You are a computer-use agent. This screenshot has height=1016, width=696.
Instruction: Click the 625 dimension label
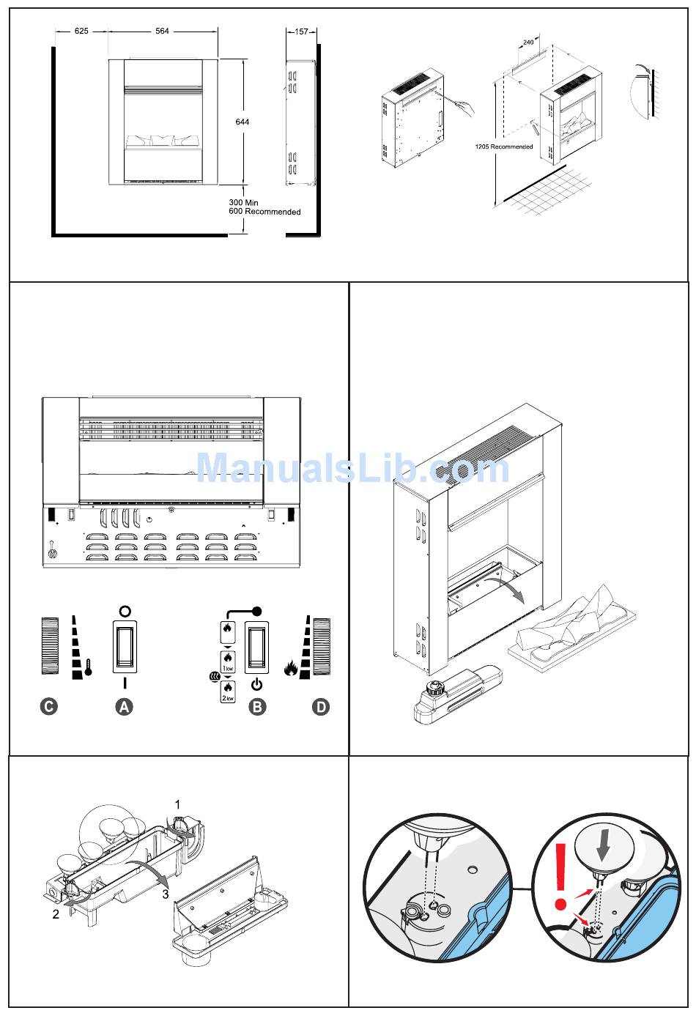pyautogui.click(x=81, y=31)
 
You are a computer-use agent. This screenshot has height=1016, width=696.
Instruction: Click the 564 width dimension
pyautogui.click(x=162, y=31)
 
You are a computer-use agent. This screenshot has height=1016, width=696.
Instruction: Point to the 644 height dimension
pyautogui.click(x=242, y=122)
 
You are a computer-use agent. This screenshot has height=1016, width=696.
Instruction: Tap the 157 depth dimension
pyautogui.click(x=301, y=31)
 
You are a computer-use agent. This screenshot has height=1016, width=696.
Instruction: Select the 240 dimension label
pyautogui.click(x=528, y=42)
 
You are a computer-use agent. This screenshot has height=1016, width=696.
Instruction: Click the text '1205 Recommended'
pyautogui.click(x=503, y=147)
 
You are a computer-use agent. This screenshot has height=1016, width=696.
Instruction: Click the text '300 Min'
pyautogui.click(x=244, y=202)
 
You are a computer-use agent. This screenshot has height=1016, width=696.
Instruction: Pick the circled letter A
pyautogui.click(x=125, y=707)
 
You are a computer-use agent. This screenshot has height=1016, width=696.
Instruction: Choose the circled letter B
pyautogui.click(x=257, y=707)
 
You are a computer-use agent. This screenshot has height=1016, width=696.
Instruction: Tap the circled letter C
pyautogui.click(x=48, y=707)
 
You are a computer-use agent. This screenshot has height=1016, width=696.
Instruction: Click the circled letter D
pyautogui.click(x=321, y=707)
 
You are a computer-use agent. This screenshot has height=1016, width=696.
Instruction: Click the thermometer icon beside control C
pyautogui.click(x=88, y=668)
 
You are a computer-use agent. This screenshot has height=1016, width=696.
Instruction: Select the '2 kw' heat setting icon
pyautogui.click(x=228, y=691)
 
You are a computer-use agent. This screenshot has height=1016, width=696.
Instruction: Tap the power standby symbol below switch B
pyautogui.click(x=256, y=686)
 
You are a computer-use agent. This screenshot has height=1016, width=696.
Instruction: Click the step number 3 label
pyautogui.click(x=166, y=894)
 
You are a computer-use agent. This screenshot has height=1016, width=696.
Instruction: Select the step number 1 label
pyautogui.click(x=177, y=804)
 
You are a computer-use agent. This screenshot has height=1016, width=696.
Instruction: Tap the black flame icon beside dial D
pyautogui.click(x=291, y=667)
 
